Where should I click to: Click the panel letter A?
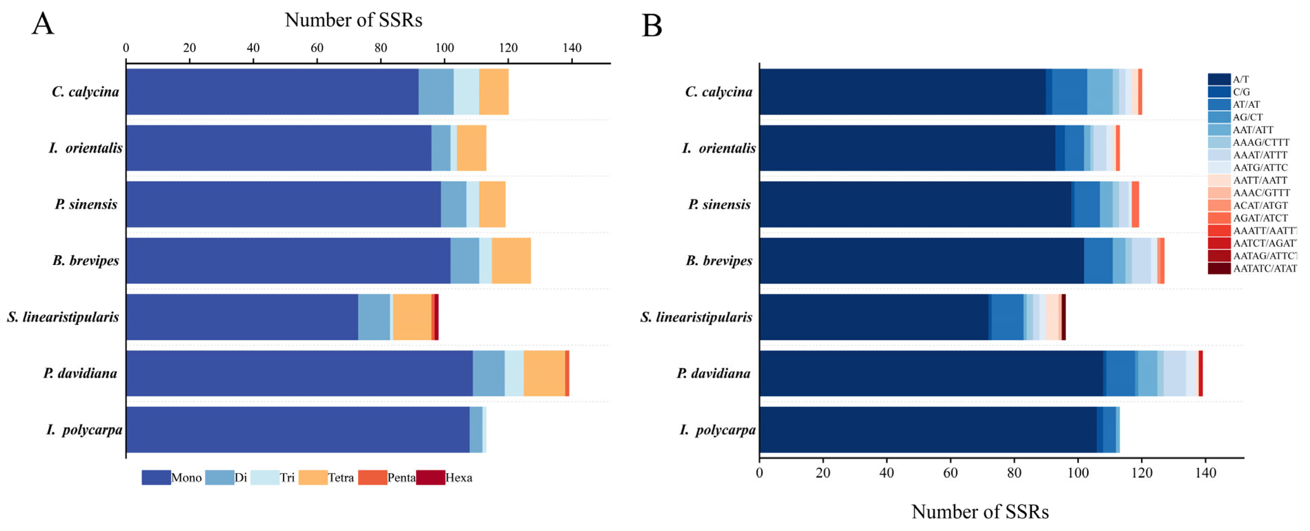click(43, 24)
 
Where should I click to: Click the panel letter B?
click(652, 26)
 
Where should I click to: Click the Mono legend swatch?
click(156, 478)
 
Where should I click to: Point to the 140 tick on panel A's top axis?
click(572, 48)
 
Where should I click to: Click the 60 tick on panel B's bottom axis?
click(950, 473)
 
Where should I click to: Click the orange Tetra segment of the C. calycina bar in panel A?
click(493, 91)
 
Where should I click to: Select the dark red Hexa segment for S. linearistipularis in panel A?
click(436, 317)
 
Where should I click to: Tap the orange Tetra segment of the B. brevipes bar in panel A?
click(511, 260)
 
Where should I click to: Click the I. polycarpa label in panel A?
click(85, 430)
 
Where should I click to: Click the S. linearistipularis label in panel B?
click(696, 317)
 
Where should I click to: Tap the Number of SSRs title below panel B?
click(979, 512)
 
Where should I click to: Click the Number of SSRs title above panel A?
click(353, 20)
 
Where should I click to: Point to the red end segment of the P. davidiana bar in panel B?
click(1200, 373)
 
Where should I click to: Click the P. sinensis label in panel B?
click(719, 205)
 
